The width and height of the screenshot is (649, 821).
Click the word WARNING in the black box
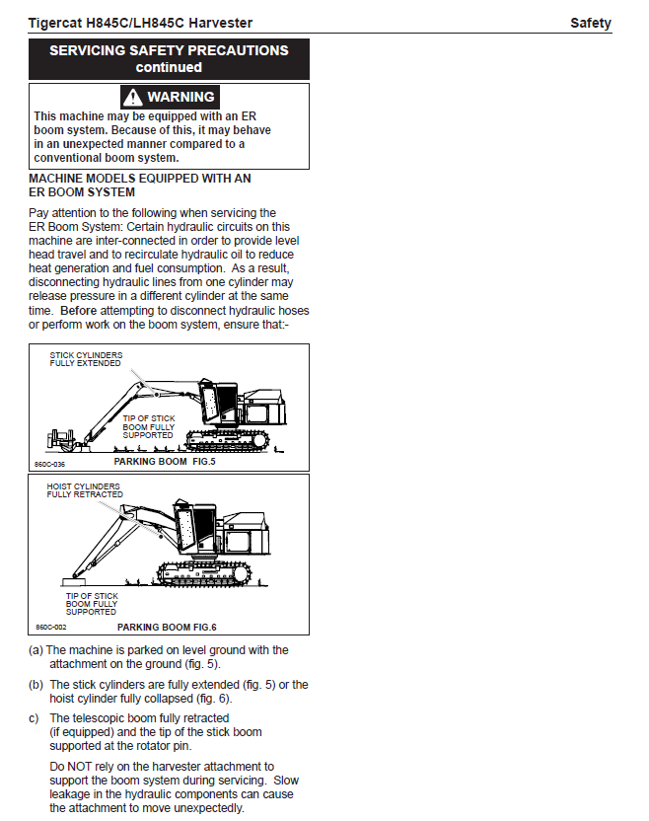pos(180,97)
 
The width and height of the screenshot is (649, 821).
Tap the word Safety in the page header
pos(591,23)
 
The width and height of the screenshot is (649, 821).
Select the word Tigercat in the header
pos(58,23)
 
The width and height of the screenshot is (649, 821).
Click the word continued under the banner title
pos(169,67)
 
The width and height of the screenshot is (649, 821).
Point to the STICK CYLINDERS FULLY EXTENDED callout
pos(86,358)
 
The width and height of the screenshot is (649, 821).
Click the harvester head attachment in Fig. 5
pos(62,437)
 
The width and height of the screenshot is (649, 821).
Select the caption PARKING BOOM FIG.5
pos(164,461)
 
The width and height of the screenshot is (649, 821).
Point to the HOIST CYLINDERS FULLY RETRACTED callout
pos(84,490)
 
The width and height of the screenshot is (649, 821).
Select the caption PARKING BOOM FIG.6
pos(167,627)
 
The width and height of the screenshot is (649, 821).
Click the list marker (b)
pos(36,684)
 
